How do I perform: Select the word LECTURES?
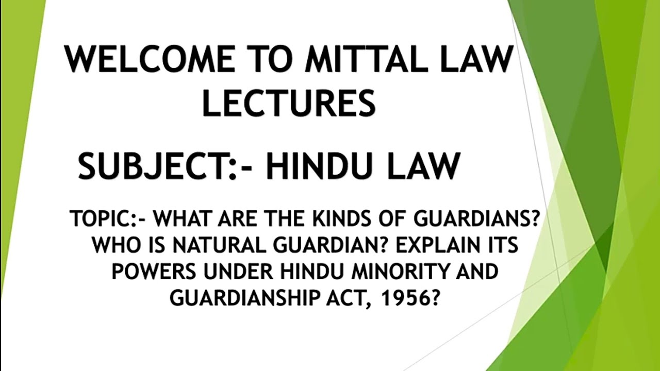pos(288,103)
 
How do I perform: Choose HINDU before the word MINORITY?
pos(305,272)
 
